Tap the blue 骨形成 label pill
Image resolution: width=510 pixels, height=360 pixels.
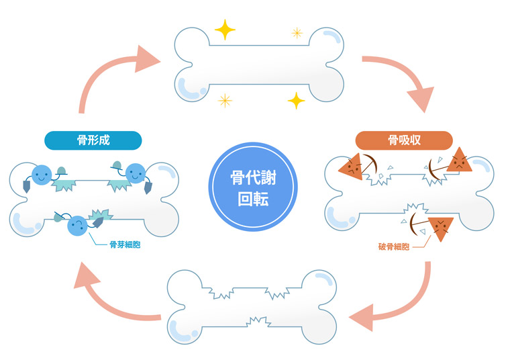[93, 140]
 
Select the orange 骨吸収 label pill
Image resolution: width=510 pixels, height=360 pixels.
[404, 140]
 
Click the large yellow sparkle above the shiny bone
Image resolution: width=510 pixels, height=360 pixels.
[224, 30]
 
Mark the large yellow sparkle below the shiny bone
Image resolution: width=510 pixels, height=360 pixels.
[296, 101]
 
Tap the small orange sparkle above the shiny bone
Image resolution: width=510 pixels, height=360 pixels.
[296, 32]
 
